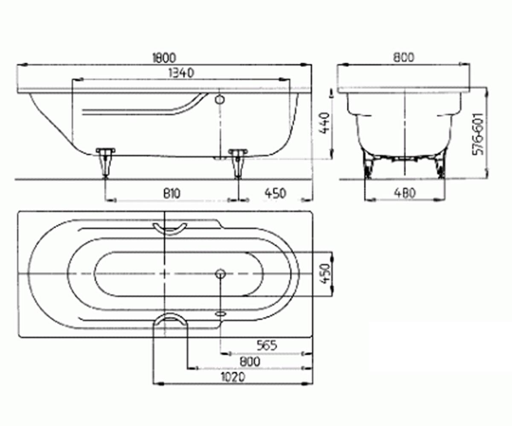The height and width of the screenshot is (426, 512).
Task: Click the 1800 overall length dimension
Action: [164, 58]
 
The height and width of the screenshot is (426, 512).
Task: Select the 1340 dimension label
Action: [181, 73]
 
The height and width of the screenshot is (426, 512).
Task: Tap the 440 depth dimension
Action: [325, 123]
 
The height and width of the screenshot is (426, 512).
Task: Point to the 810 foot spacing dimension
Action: [172, 193]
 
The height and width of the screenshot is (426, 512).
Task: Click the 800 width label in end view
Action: [404, 58]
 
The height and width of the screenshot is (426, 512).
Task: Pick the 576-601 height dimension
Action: [478, 134]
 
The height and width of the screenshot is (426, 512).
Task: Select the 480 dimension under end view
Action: [405, 193]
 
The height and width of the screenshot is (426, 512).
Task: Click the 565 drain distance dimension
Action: [267, 345]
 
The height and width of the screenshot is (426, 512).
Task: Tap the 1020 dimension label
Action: [233, 377]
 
